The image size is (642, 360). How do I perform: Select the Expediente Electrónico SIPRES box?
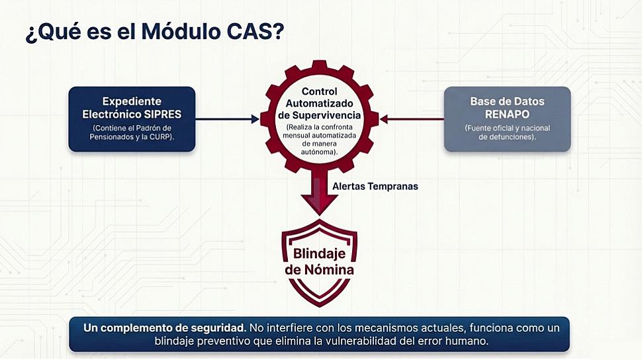pos(132,119)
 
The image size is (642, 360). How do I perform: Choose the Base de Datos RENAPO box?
pos(507,119)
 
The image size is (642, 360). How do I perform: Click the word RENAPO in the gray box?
pos(507,114)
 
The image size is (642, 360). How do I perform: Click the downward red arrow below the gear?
pos(319,195)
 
